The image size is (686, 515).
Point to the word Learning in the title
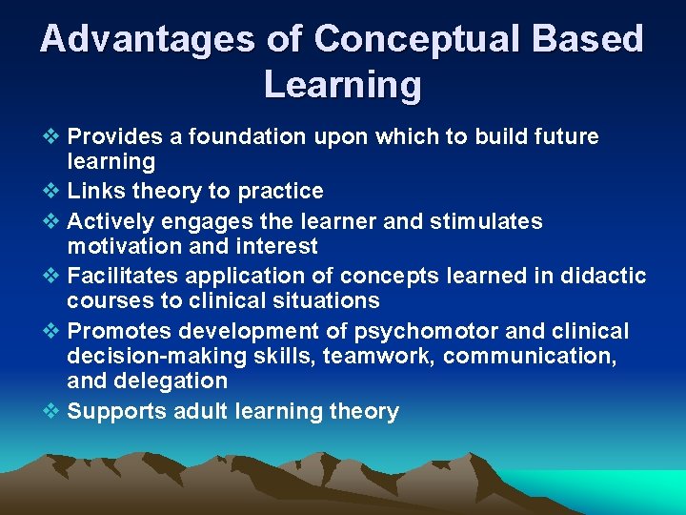(342, 85)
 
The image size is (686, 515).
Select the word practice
(280, 191)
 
